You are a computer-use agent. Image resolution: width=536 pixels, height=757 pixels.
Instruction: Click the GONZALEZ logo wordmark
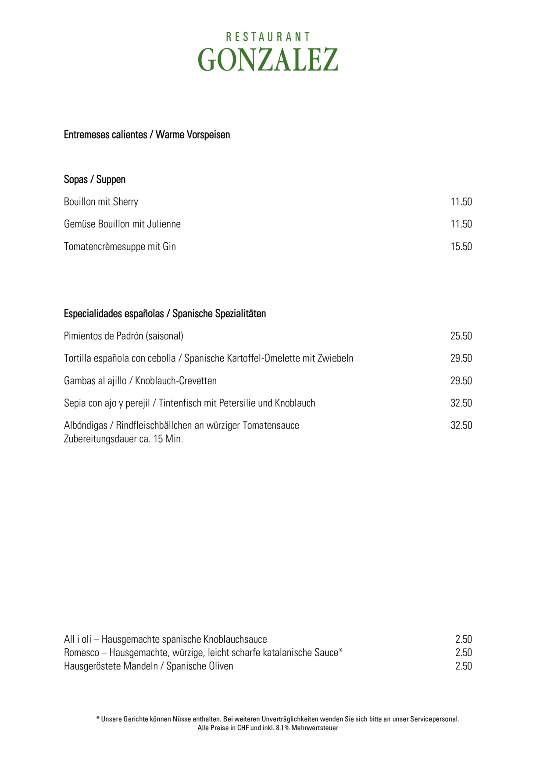(268, 60)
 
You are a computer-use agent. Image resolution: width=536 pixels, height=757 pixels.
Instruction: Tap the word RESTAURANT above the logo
(268, 37)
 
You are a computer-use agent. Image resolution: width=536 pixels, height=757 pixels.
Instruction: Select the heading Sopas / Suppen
(95, 180)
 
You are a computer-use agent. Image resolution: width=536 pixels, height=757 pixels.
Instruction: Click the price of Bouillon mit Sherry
(461, 202)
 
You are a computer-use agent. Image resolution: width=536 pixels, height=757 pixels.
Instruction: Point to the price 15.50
(461, 247)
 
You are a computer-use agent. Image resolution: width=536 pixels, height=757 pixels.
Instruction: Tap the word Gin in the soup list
(169, 247)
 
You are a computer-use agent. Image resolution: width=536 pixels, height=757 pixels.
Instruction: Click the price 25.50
(461, 336)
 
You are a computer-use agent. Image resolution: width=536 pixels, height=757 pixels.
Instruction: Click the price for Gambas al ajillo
(461, 381)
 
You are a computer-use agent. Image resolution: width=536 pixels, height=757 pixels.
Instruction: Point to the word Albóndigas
(86, 425)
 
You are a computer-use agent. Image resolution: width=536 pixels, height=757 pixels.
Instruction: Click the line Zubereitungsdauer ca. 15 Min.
(123, 439)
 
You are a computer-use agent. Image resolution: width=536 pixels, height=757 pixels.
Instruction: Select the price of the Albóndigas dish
(461, 425)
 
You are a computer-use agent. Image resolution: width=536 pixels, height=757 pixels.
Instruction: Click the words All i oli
(78, 639)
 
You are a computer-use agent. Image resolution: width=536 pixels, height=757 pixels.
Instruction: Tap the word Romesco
(82, 653)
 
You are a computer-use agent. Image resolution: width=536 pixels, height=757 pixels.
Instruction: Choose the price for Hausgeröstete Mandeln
(463, 666)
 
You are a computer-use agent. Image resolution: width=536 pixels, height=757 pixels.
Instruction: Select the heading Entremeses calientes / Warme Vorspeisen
(147, 135)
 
